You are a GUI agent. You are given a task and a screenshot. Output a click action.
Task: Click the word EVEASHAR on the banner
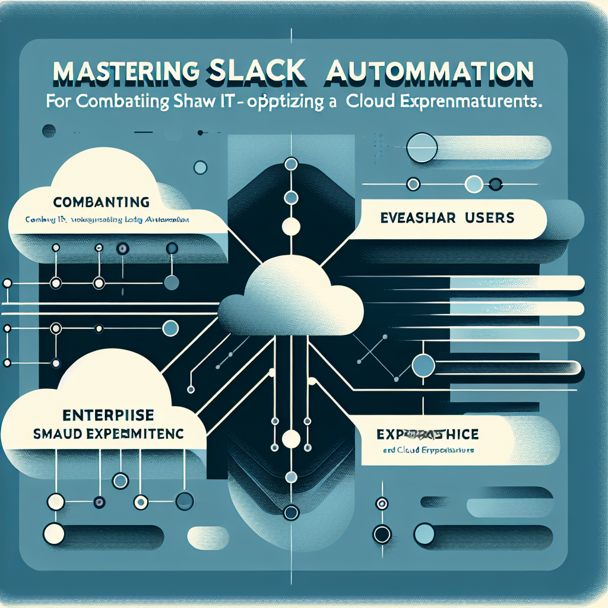pyautogui.click(x=416, y=218)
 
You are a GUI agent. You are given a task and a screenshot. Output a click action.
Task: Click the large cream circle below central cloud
pyautogui.click(x=291, y=439)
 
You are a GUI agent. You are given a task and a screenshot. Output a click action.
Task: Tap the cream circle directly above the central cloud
pyautogui.click(x=291, y=226)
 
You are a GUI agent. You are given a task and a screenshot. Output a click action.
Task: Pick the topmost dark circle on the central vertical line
pyautogui.click(x=291, y=163)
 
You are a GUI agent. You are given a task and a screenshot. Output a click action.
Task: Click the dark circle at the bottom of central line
pyautogui.click(x=291, y=512)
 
